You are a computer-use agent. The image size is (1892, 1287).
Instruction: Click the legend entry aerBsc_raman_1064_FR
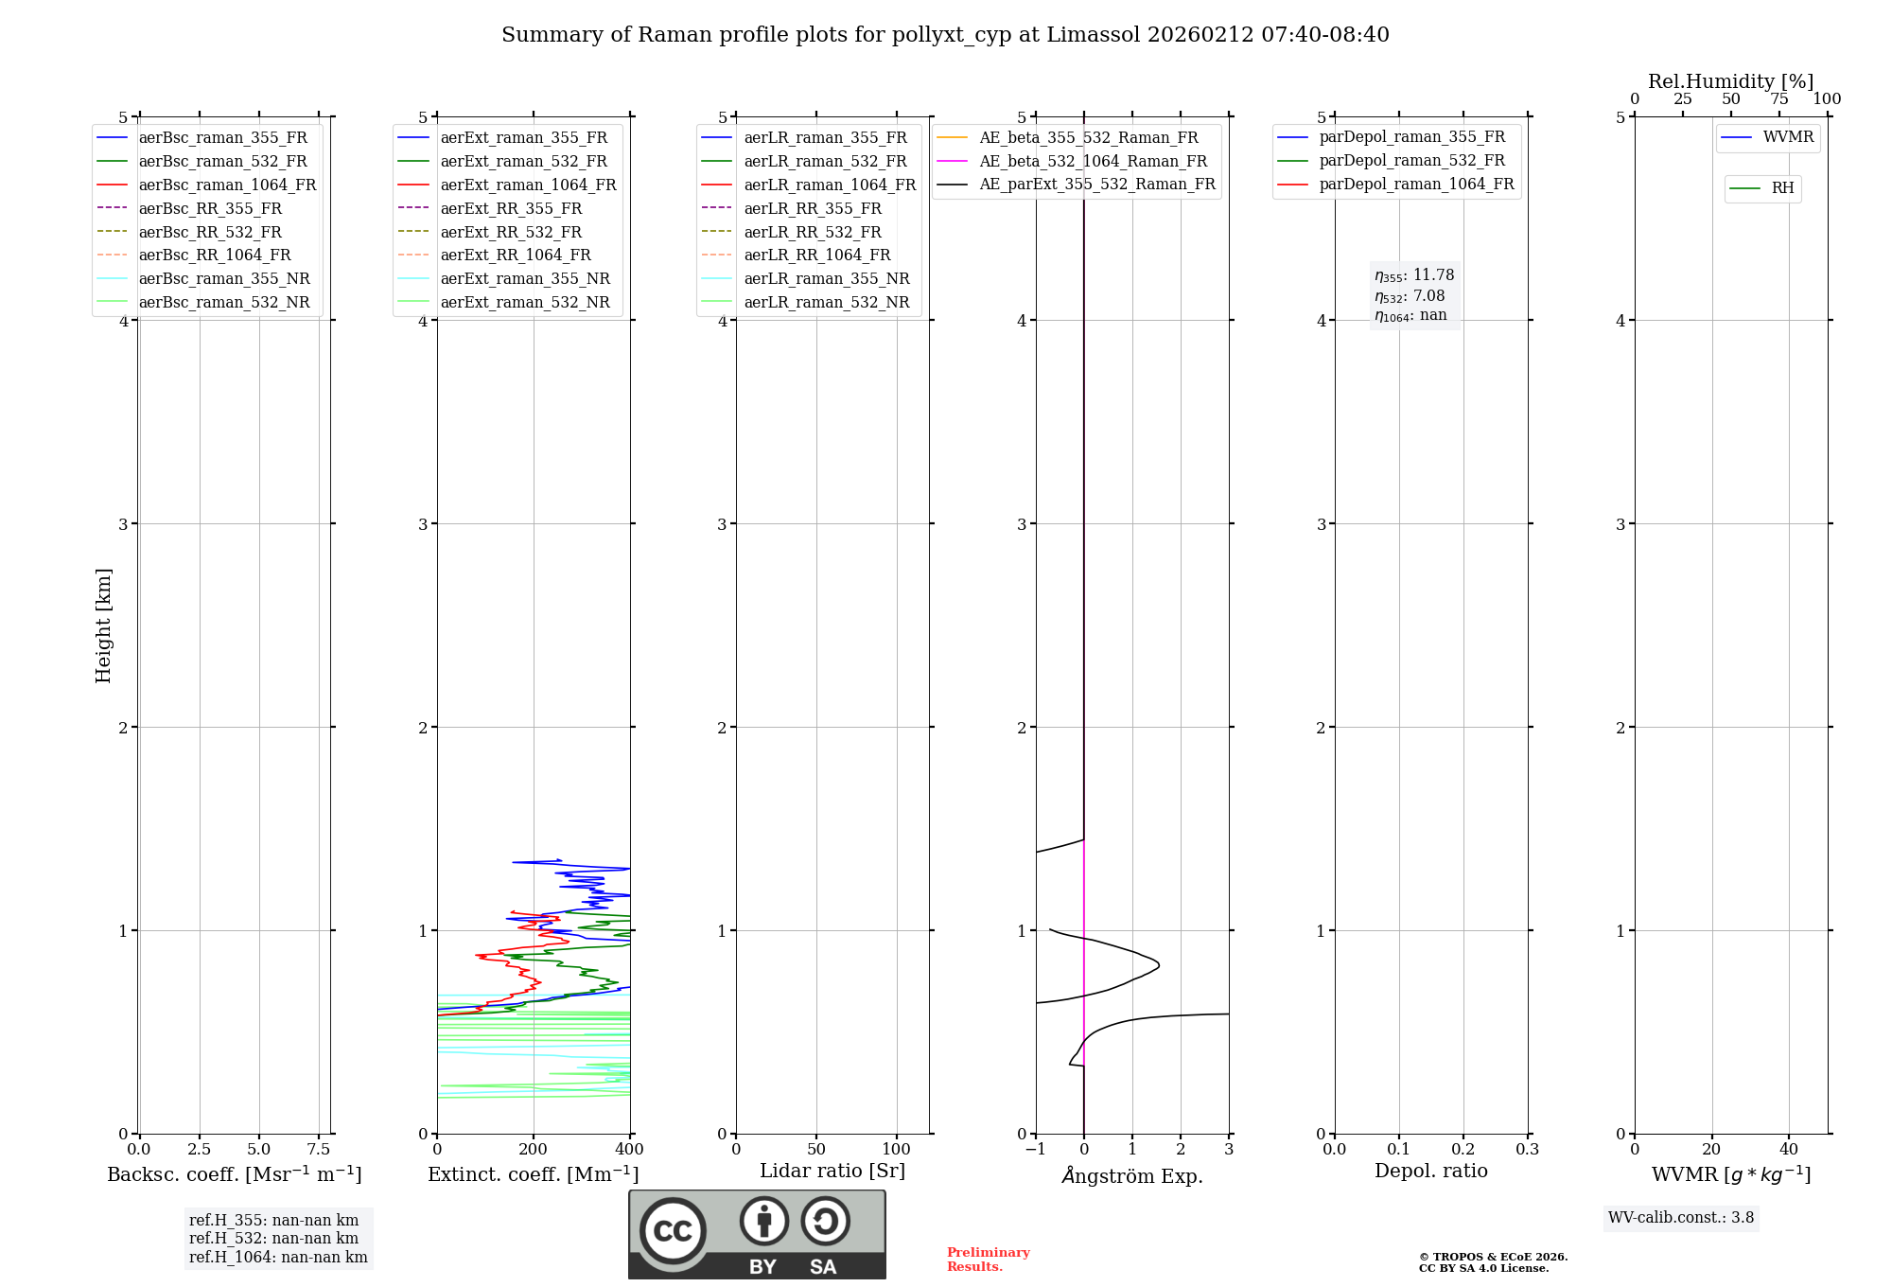[x=227, y=185]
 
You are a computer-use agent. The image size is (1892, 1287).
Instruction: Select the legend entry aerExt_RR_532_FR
[x=511, y=232]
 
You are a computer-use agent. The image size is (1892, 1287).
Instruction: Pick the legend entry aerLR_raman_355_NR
[x=826, y=278]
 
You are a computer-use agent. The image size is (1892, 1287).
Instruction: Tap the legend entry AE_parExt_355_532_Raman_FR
[x=1096, y=184]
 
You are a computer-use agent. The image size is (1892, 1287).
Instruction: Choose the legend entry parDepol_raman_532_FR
[x=1411, y=161]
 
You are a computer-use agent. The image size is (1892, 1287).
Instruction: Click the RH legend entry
[x=1782, y=188]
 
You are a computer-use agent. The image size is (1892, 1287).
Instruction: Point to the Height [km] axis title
[x=103, y=626]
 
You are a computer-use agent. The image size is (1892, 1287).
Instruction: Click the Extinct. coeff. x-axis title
[x=534, y=1174]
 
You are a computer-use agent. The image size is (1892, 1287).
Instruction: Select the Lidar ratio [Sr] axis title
[x=832, y=1171]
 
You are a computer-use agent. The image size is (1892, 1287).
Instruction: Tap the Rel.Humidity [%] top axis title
[x=1730, y=81]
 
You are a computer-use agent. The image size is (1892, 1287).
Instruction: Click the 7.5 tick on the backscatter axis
[x=319, y=1150]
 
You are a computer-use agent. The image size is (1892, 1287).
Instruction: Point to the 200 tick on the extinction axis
[x=534, y=1150]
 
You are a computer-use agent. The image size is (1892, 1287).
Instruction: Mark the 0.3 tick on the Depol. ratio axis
[x=1527, y=1150]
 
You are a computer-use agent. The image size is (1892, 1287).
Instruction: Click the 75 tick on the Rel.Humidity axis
[x=1778, y=99]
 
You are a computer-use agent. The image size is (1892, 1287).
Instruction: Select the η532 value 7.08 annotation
[x=1410, y=296]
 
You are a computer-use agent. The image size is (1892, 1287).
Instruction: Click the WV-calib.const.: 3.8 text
[x=1681, y=1218]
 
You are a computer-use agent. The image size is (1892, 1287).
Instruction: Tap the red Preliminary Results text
[x=988, y=1260]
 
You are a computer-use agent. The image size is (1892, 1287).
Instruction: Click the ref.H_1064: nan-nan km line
[x=278, y=1257]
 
